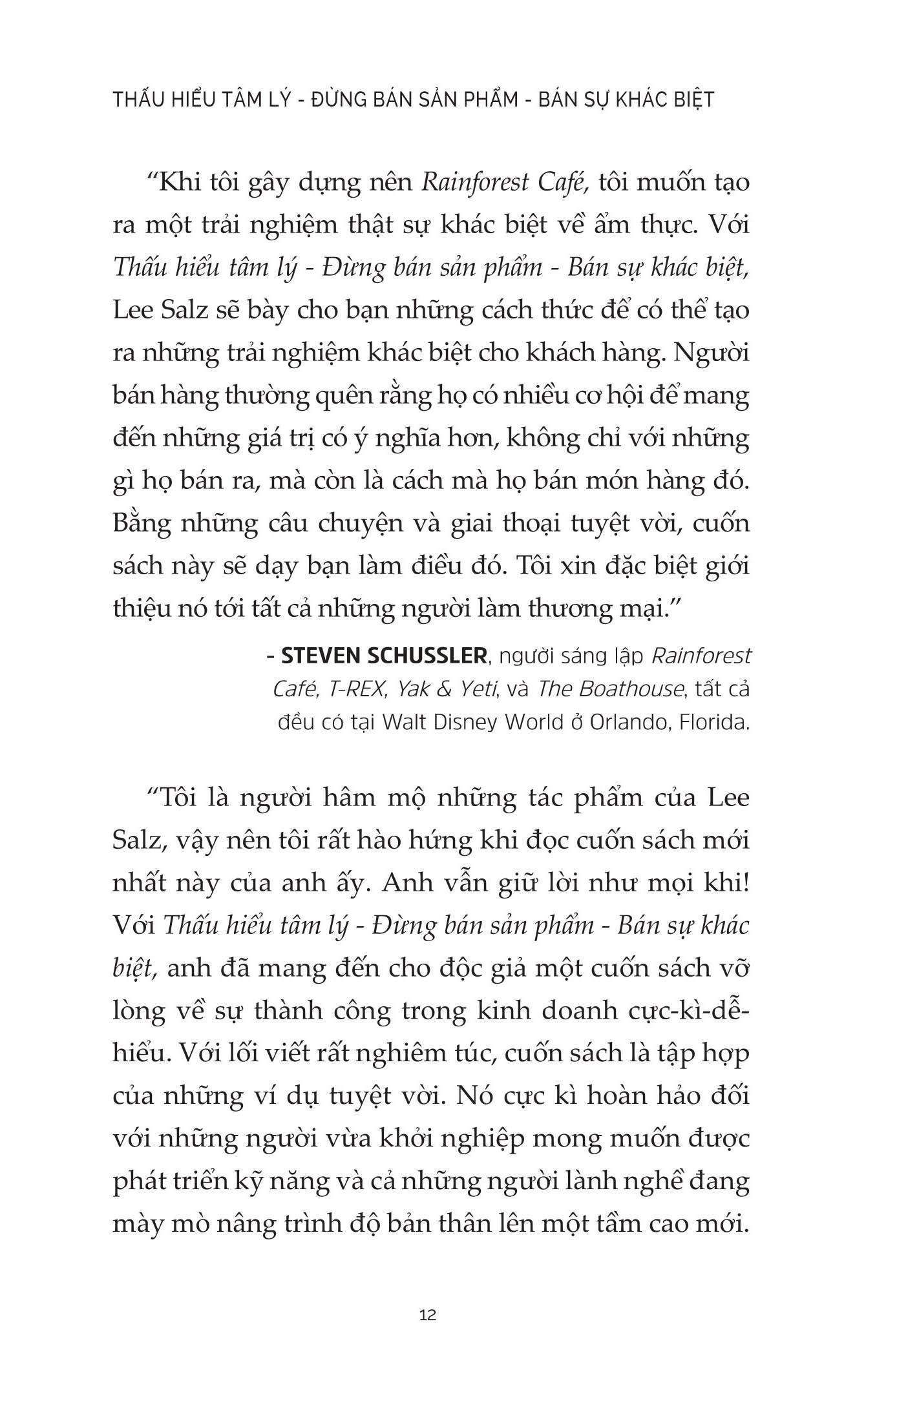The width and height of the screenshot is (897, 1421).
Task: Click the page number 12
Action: (428, 1314)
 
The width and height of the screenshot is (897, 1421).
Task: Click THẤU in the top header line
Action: (136, 100)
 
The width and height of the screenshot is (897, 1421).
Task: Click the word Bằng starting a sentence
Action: (141, 523)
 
